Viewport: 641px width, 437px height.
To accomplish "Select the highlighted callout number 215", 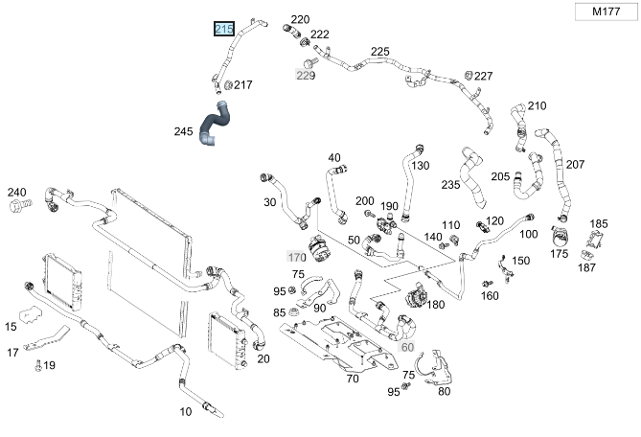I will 224,29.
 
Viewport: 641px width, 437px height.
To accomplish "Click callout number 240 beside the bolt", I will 17,192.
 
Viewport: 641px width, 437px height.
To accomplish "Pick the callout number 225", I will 380,51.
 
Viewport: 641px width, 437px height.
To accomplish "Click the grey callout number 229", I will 305,75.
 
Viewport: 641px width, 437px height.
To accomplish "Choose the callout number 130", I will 420,165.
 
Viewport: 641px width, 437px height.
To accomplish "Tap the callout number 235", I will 450,184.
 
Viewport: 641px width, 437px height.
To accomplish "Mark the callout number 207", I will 574,164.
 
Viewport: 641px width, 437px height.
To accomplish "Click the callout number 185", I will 599,223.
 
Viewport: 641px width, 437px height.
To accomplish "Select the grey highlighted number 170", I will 297,257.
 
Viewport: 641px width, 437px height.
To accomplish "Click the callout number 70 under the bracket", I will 352,379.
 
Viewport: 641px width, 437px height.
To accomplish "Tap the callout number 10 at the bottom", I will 186,411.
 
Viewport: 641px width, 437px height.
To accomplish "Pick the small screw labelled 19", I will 38,365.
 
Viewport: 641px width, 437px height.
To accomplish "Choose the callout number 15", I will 11,327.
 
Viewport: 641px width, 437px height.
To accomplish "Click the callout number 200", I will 365,200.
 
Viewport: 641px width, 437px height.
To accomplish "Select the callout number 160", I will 490,295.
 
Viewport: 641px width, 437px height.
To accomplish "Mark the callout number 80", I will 444,391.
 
